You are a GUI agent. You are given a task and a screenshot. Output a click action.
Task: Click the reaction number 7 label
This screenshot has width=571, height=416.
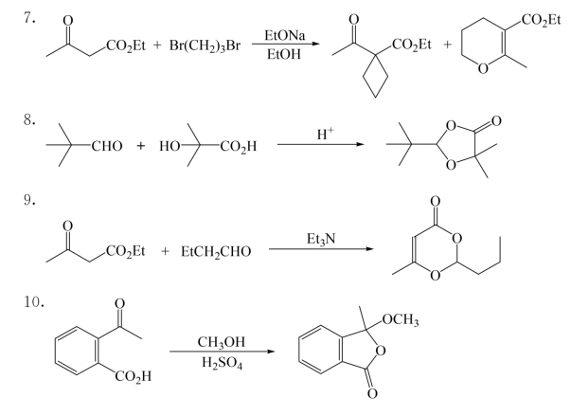click(x=29, y=18)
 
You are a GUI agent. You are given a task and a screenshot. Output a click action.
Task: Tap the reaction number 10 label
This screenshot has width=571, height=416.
click(x=34, y=302)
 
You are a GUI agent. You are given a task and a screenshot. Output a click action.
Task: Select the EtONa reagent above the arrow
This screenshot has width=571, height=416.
click(x=285, y=36)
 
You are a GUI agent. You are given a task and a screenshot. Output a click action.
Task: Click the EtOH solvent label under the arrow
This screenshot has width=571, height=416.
click(x=284, y=54)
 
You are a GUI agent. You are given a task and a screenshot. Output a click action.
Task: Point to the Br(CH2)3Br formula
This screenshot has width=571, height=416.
click(x=205, y=46)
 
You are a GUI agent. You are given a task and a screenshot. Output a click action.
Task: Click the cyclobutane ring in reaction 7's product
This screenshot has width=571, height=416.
click(x=375, y=76)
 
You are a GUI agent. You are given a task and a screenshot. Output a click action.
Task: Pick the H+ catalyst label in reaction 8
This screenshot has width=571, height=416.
click(x=325, y=134)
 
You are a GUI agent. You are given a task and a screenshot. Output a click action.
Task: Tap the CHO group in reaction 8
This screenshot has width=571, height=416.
click(x=107, y=146)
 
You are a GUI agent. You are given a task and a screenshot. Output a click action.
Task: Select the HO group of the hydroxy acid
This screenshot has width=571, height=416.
click(x=170, y=146)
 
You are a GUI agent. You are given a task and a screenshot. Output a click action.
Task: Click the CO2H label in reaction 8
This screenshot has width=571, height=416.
click(x=239, y=147)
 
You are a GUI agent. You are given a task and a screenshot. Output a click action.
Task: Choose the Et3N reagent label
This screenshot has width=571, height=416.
click(x=321, y=240)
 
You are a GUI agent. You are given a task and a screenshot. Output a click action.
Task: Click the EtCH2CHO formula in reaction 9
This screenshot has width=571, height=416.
click(x=216, y=252)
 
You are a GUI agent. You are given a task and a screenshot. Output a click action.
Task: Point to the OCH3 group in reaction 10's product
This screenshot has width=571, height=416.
click(x=401, y=320)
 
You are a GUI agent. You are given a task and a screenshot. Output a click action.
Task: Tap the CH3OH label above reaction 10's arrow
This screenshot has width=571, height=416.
click(x=222, y=342)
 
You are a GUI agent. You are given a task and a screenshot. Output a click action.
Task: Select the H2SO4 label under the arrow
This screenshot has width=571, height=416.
click(x=223, y=363)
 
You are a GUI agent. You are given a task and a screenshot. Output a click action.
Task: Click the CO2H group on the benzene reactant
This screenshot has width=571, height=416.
click(x=134, y=376)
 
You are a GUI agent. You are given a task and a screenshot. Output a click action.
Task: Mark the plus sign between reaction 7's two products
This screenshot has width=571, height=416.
click(x=447, y=45)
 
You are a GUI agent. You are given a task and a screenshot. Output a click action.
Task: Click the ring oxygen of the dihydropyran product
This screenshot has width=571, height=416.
click(x=483, y=68)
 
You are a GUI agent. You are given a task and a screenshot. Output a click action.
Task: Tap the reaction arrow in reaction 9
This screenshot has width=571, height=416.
click(x=321, y=249)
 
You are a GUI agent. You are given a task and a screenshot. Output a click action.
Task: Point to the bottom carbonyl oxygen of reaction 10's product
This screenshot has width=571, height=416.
click(x=372, y=393)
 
